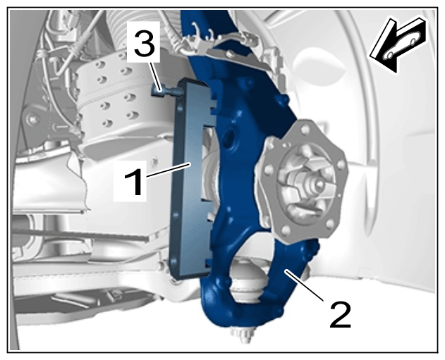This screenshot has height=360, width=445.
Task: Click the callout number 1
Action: pos(134,182)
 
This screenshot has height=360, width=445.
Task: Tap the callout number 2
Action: pos(341,315)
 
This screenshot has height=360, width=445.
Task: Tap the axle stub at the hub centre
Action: pos(315,185)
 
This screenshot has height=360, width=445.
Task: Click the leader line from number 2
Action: pos(305,286)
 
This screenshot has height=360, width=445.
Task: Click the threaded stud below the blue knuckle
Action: pos(242,335)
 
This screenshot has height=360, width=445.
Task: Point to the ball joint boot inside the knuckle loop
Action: pos(247,280)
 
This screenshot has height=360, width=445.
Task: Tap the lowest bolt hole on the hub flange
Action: pos(286,230)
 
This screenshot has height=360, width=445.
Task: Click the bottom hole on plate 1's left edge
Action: pos(173,261)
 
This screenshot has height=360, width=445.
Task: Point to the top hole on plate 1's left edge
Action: pos(179,108)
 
